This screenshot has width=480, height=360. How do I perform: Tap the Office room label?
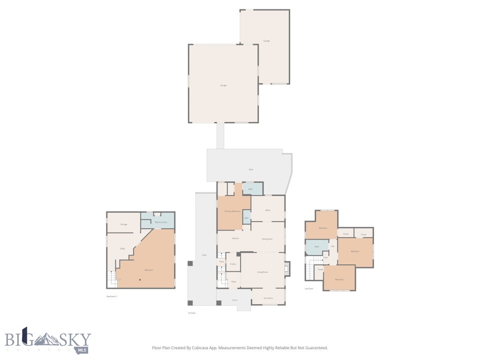(x=268, y=210)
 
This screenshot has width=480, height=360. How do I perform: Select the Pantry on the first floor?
(x=232, y=264)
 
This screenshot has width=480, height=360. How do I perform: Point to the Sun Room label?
(x=268, y=298)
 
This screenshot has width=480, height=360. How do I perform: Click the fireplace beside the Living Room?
(x=287, y=269)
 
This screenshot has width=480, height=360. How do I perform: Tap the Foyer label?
(x=233, y=281)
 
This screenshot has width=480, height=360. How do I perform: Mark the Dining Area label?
(x=267, y=239)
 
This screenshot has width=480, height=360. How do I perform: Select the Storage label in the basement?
(x=124, y=225)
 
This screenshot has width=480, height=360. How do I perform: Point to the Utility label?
(x=122, y=248)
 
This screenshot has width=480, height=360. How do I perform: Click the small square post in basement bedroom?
(x=139, y=280)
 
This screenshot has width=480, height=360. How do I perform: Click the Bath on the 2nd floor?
(x=316, y=246)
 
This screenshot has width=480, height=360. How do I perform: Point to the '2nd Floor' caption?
(x=308, y=289)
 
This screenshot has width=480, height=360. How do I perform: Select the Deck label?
(x=251, y=169)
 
